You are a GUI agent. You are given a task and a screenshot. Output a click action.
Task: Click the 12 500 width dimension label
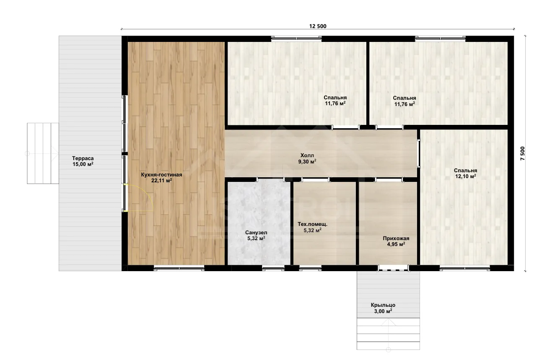318,26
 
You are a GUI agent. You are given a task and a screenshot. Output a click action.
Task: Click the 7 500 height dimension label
523,153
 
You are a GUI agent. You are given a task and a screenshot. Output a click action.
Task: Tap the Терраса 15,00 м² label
83,161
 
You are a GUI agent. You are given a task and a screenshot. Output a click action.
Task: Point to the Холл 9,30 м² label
307,158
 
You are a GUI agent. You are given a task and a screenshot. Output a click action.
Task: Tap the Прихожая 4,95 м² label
396,241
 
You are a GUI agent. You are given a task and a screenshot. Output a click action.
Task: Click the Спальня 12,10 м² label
466,173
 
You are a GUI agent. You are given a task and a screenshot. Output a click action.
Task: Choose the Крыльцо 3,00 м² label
383,308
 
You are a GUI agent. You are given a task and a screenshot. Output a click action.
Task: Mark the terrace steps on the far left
43,153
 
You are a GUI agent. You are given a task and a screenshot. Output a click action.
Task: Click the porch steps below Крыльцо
388,334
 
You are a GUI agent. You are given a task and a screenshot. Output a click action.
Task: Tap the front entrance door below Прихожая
394,268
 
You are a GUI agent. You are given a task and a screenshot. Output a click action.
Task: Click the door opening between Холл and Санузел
271,179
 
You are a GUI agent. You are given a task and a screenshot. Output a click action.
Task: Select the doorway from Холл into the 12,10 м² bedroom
418,153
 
